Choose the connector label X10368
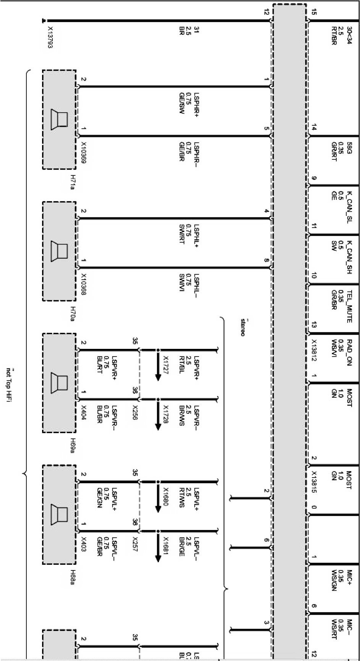(84, 285)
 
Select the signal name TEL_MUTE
(349, 306)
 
